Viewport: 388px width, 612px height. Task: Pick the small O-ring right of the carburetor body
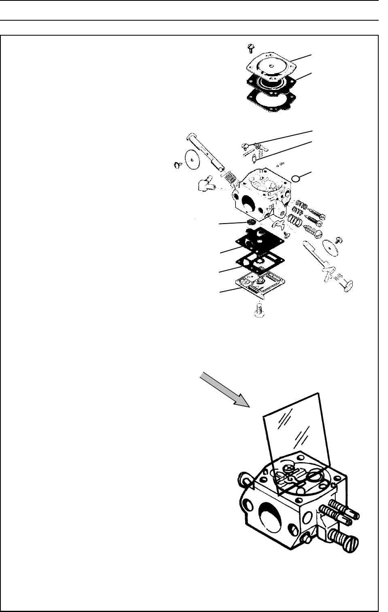tap(297, 178)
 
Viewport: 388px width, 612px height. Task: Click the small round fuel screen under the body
tap(252, 223)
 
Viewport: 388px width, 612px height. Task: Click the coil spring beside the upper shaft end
tap(230, 177)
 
